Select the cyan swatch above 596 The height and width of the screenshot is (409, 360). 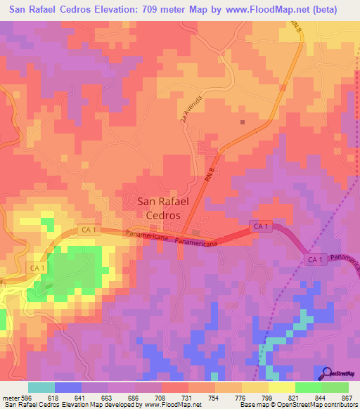pyautogui.click(x=41, y=387)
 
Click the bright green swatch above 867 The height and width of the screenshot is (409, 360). pyautogui.click(x=335, y=387)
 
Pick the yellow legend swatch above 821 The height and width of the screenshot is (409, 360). pyautogui.click(x=282, y=387)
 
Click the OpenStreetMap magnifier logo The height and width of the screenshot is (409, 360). pyautogui.click(x=326, y=375)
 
